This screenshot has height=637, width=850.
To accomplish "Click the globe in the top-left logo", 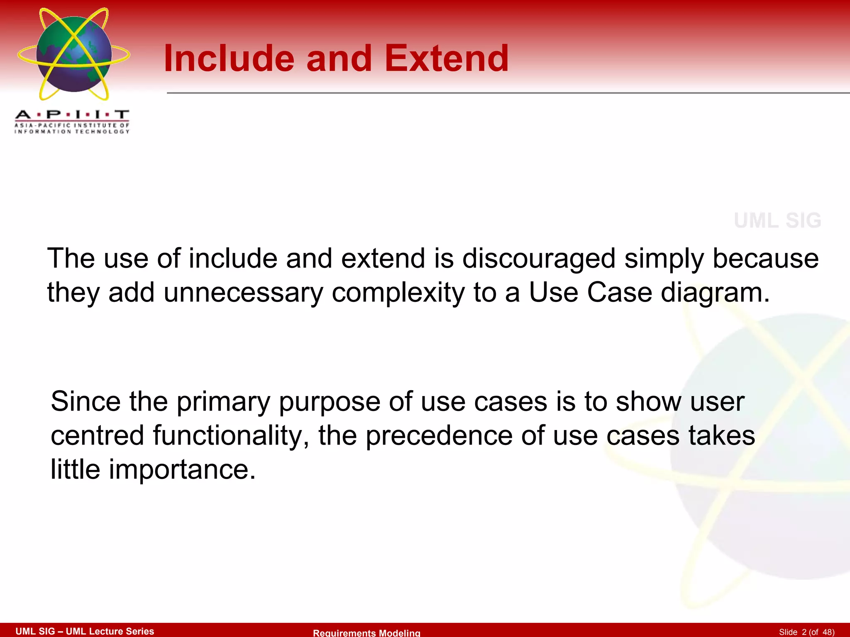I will (x=74, y=54).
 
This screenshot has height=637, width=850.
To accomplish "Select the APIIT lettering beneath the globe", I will (x=72, y=114).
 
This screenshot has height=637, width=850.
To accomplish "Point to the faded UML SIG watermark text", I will (x=777, y=221).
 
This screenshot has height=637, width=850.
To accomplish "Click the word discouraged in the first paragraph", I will (x=538, y=259).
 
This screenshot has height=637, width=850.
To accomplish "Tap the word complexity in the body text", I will (x=398, y=293).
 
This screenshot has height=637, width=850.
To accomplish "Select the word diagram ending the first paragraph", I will (x=715, y=293).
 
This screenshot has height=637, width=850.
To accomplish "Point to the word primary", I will (x=223, y=402).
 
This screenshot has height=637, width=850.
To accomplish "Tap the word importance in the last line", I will (x=182, y=469).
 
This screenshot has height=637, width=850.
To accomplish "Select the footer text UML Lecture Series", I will (x=110, y=631).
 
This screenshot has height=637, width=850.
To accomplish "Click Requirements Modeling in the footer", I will (x=366, y=632).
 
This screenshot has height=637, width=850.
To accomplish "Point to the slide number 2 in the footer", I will (x=804, y=632).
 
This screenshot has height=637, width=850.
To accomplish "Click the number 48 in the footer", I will (x=828, y=632).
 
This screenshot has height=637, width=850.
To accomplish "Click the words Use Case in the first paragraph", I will (x=590, y=293).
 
